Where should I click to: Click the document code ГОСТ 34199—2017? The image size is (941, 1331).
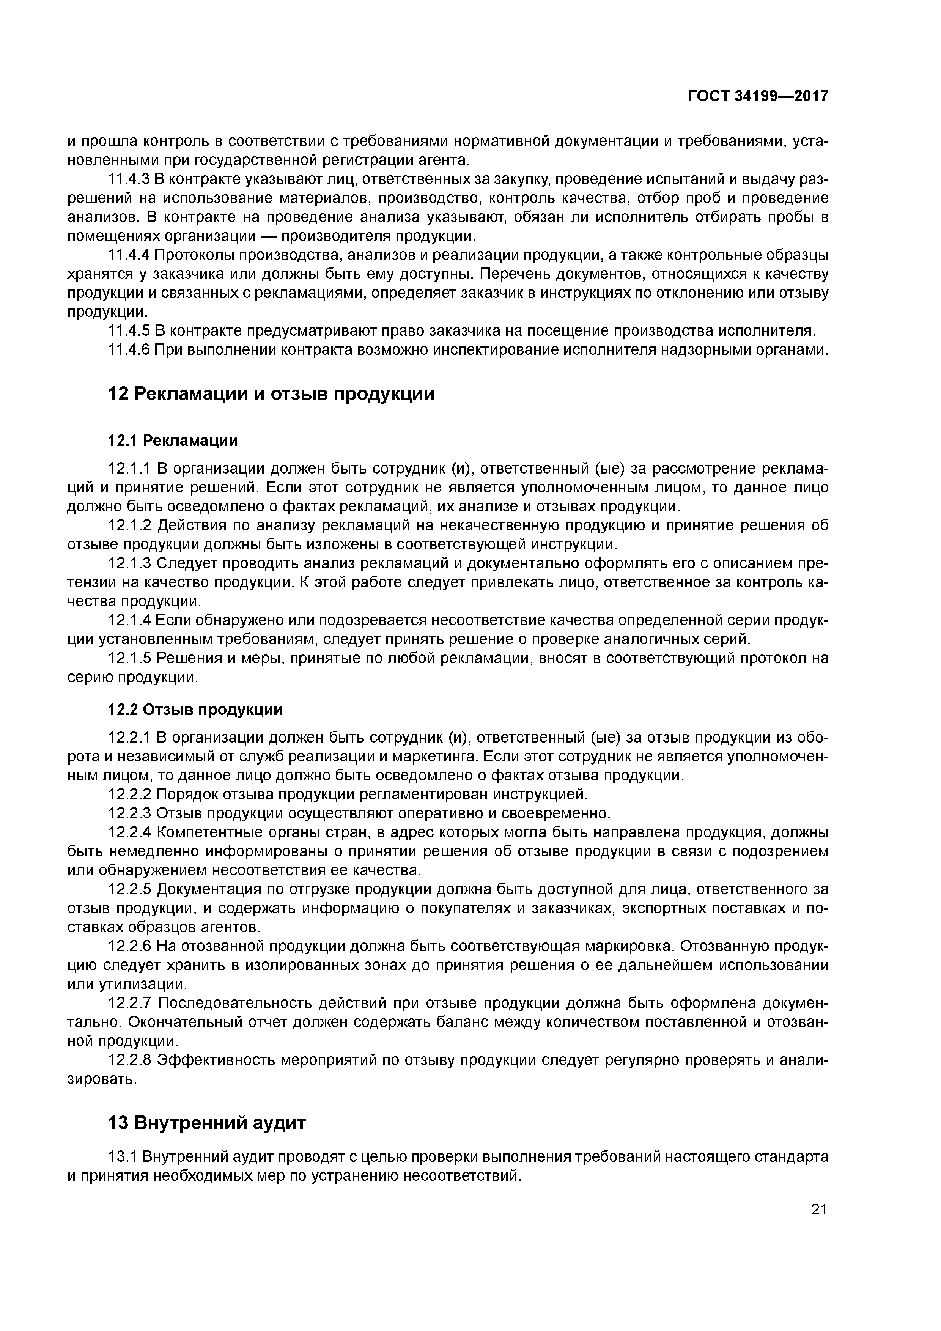click(758, 96)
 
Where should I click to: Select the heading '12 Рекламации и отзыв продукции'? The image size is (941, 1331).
click(271, 394)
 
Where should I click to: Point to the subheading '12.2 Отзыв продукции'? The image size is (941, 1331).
click(195, 710)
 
